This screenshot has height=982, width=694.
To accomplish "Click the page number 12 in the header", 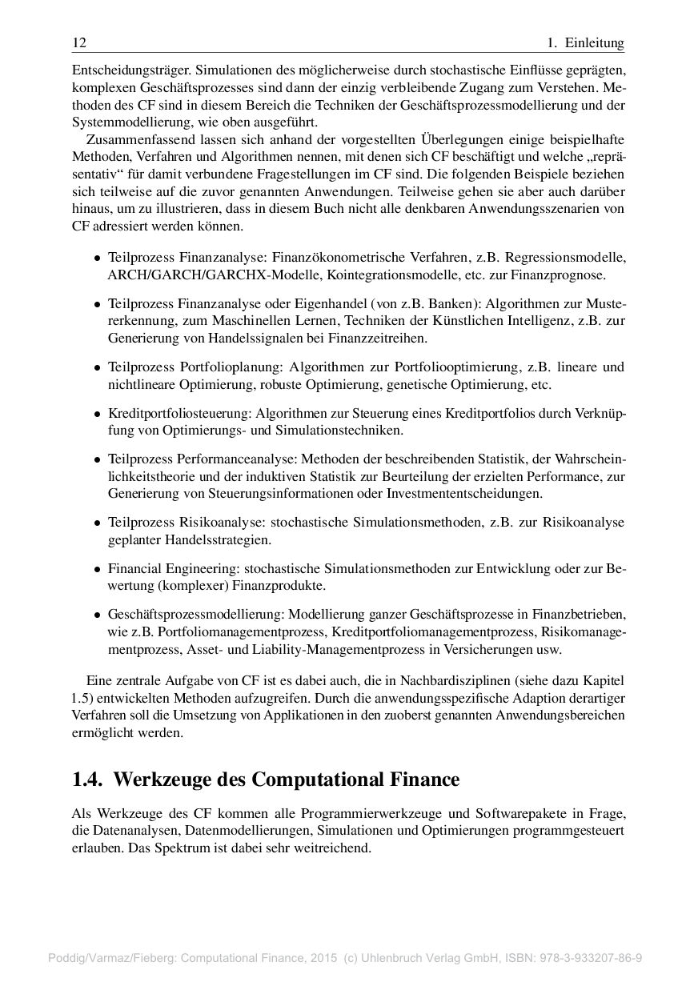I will coord(78,42).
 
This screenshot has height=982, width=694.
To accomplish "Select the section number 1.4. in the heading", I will coord(89,780).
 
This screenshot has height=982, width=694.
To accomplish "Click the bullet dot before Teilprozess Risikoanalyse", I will coord(97,523).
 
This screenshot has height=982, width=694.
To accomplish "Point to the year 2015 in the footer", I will coord(324,957).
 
